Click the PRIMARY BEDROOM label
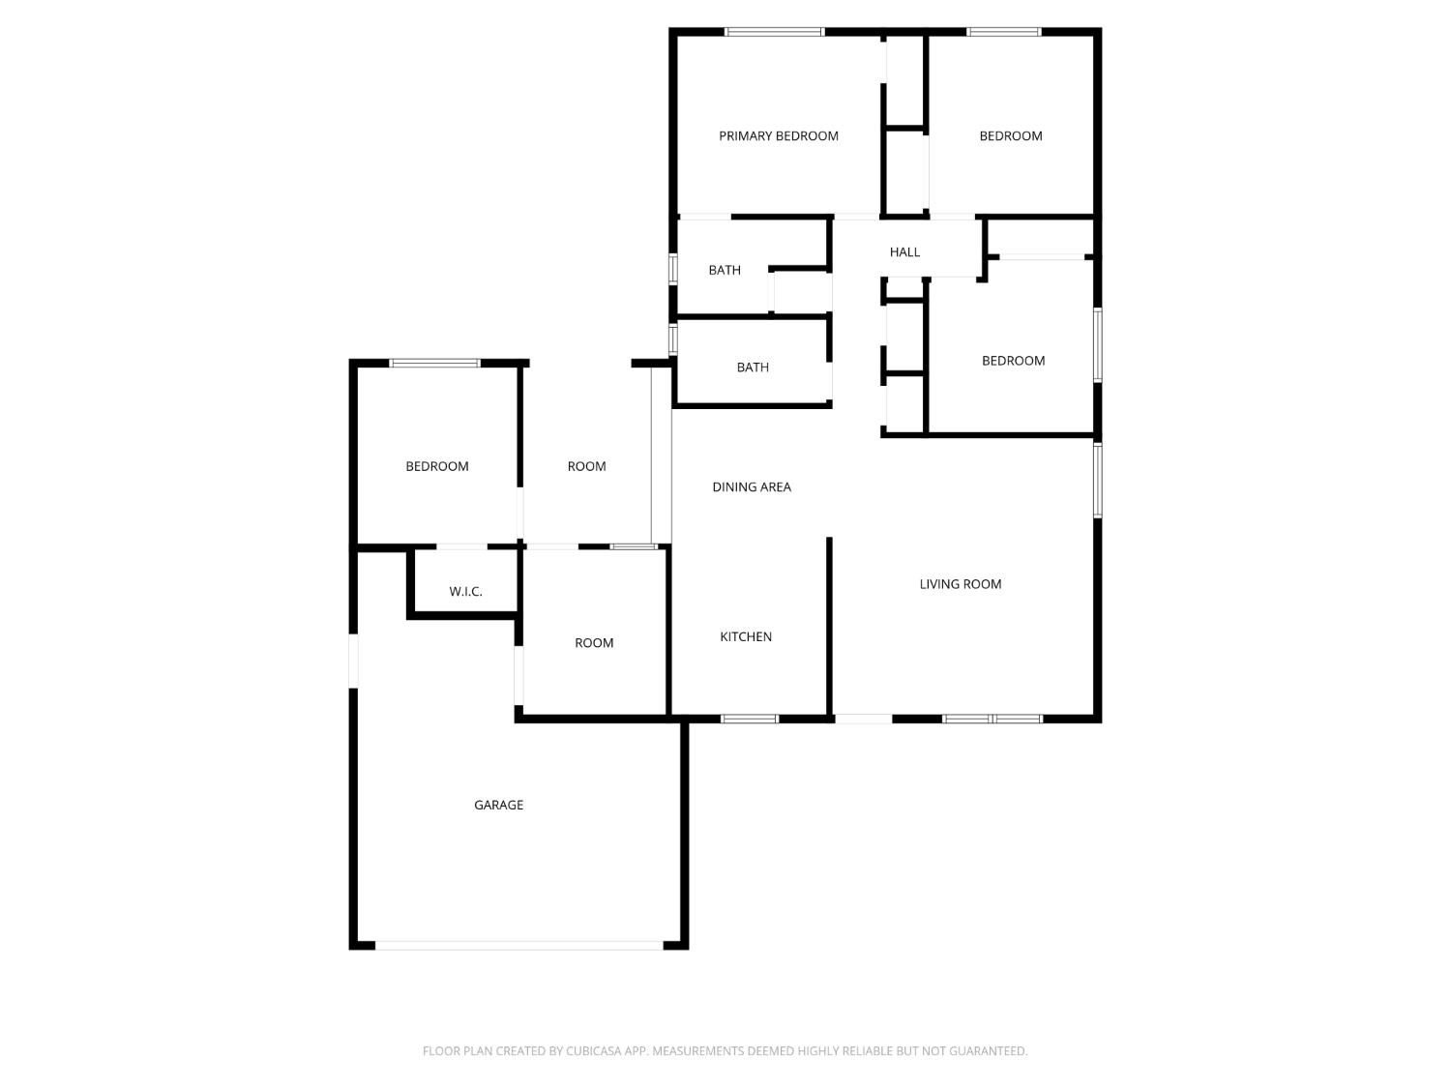[x=778, y=136]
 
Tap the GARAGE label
[x=498, y=805]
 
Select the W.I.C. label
[x=465, y=592]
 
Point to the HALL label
[x=904, y=252]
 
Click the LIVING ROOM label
[x=960, y=584]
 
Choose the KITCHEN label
[x=746, y=636]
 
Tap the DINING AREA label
[x=752, y=487]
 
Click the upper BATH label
[x=725, y=271]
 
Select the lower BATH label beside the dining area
[x=753, y=368]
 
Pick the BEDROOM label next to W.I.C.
[x=437, y=466]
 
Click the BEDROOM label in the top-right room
[x=1011, y=136]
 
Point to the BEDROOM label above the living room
[x=1013, y=361]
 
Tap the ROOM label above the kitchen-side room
[x=586, y=466]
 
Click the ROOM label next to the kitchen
[x=594, y=643]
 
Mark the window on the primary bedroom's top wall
[x=775, y=32]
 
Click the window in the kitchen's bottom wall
[x=750, y=719]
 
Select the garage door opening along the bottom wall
[x=519, y=945]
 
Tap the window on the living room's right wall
[x=1098, y=480]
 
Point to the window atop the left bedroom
[x=435, y=364]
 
